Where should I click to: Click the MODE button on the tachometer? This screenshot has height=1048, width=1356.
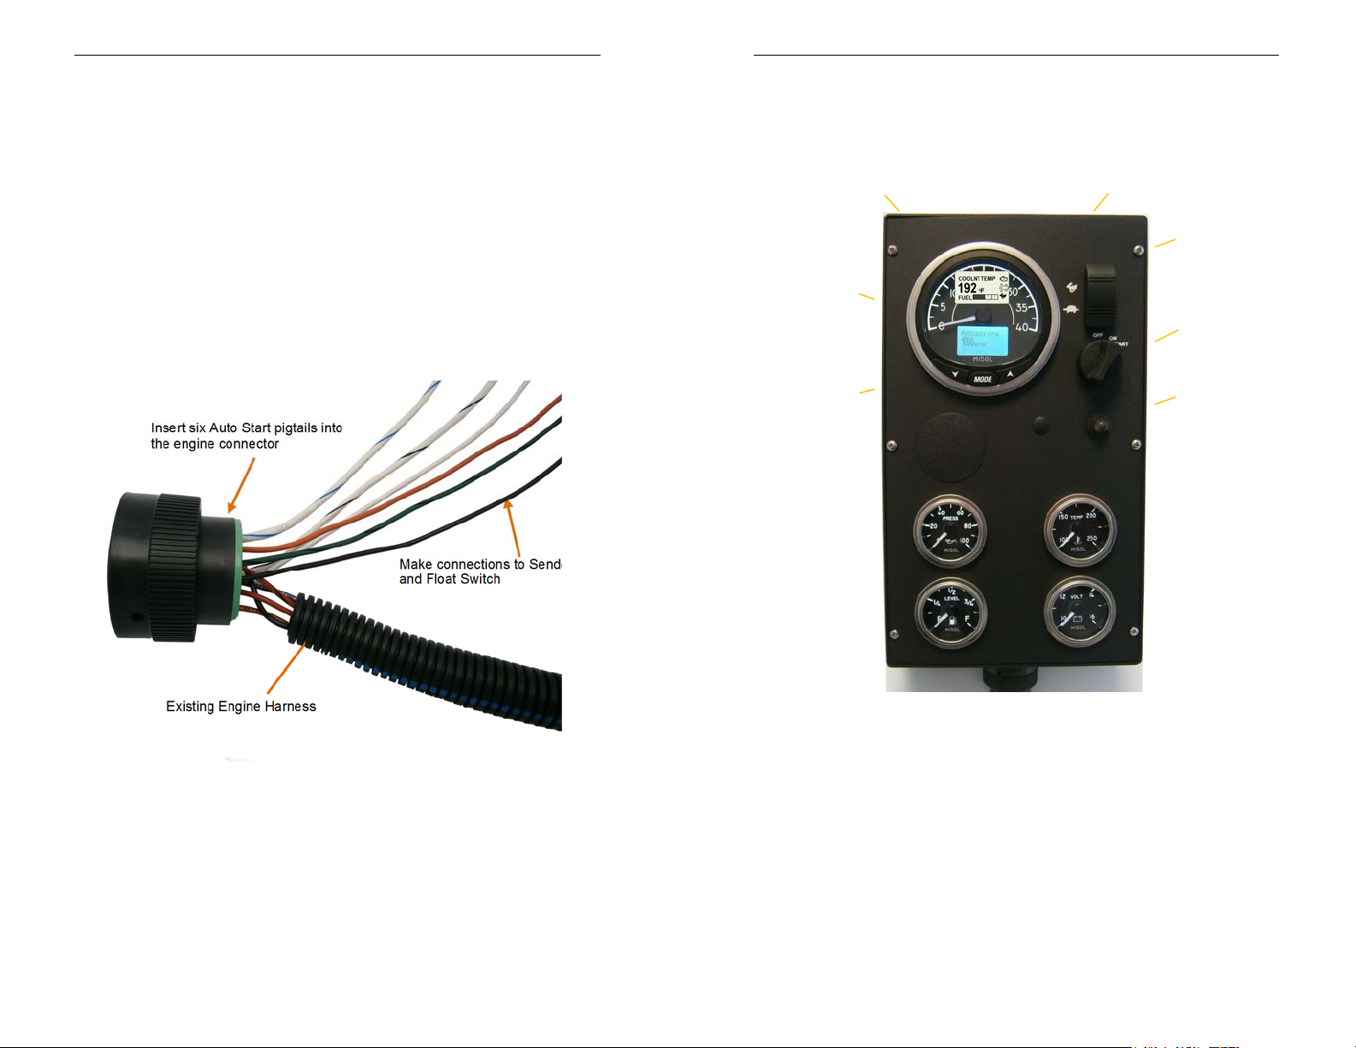[x=982, y=379]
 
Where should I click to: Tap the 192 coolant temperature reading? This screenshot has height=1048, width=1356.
[x=967, y=288]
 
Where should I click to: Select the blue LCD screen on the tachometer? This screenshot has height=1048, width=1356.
[x=981, y=340]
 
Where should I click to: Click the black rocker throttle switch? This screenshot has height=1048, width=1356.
[x=1100, y=296]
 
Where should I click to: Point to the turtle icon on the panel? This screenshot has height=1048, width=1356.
[x=1069, y=309]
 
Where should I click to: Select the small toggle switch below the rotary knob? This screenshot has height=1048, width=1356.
[x=1097, y=423]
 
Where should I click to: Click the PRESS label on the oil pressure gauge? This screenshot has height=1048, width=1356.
[x=950, y=518]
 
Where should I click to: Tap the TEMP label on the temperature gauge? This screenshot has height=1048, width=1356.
[x=1076, y=518]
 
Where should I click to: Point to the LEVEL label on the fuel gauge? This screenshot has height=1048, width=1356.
[x=951, y=599]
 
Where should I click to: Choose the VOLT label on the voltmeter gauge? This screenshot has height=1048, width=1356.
[x=1076, y=596]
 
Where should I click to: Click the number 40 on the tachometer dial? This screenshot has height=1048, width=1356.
[x=1021, y=327]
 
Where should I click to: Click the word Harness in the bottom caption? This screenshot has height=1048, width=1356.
[x=290, y=707]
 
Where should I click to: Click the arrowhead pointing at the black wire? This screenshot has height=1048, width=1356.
[x=509, y=506]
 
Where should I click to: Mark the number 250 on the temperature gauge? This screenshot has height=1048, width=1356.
[x=1091, y=539]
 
